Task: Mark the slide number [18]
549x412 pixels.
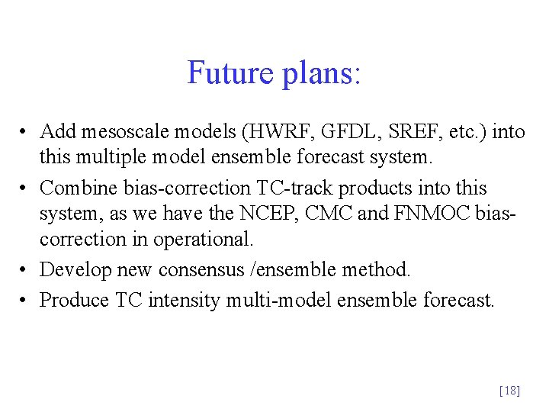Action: pos(509,391)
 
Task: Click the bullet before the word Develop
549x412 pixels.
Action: pos(25,270)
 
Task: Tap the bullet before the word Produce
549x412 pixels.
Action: pos(25,301)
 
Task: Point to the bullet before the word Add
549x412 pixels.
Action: pos(25,133)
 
